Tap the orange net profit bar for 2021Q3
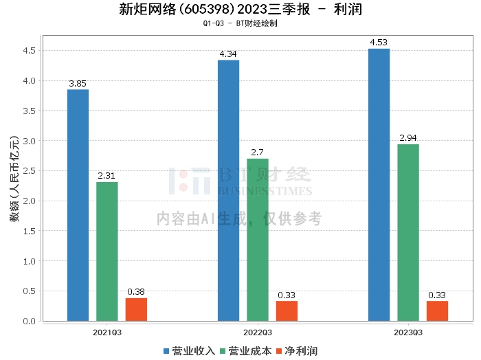[136, 309]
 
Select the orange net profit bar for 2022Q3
[287, 311]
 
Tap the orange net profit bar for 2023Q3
[437, 311]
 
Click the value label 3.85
[78, 84]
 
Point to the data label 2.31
[107, 176]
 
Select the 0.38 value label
[136, 292]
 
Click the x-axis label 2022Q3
[258, 332]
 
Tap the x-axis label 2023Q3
[408, 332]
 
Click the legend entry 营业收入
[189, 351]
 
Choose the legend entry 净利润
[297, 351]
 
